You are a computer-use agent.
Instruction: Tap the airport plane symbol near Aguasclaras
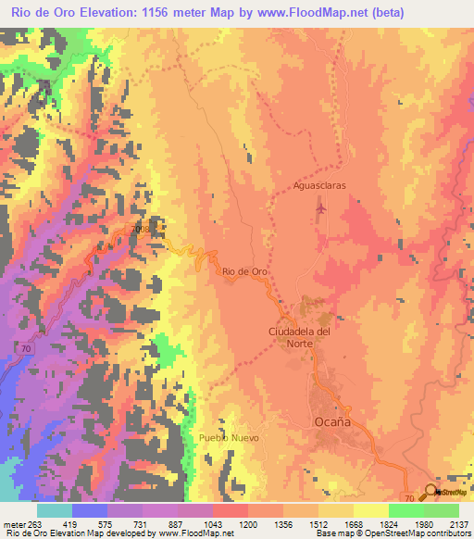coord(320,208)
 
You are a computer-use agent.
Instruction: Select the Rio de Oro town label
coord(244,271)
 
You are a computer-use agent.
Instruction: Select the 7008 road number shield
coord(141,227)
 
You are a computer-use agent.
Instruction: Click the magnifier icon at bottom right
coord(431,492)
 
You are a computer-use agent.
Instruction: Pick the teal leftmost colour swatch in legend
coord(55,509)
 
